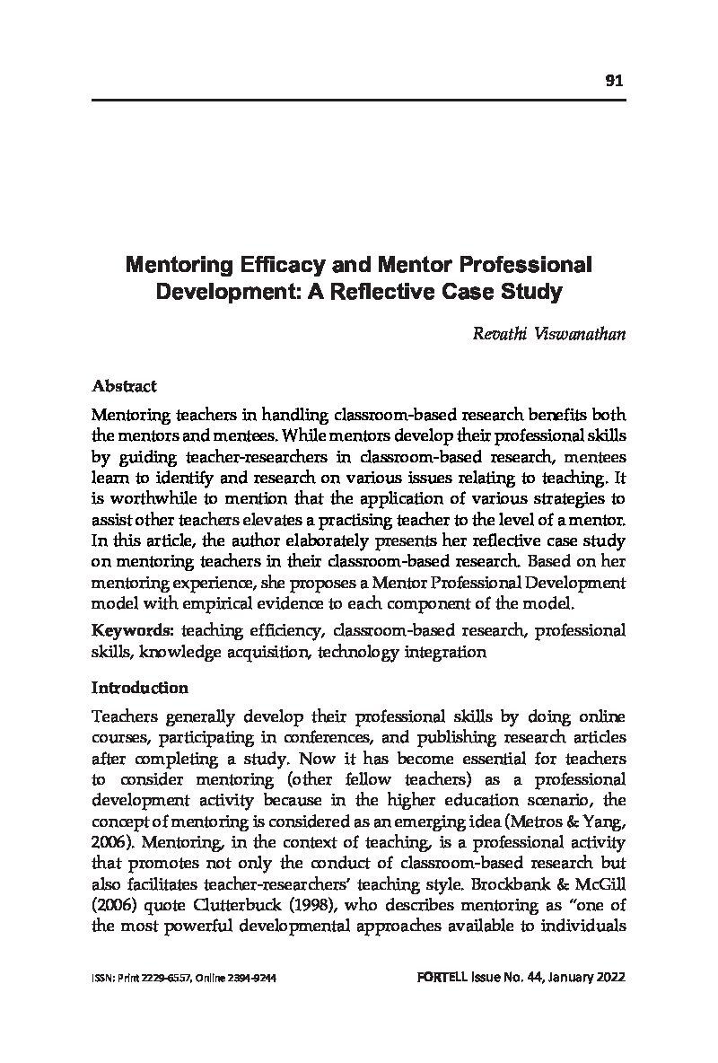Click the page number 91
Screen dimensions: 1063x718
[614, 81]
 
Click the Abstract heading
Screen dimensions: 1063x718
[125, 386]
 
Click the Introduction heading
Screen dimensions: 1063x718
[140, 688]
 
